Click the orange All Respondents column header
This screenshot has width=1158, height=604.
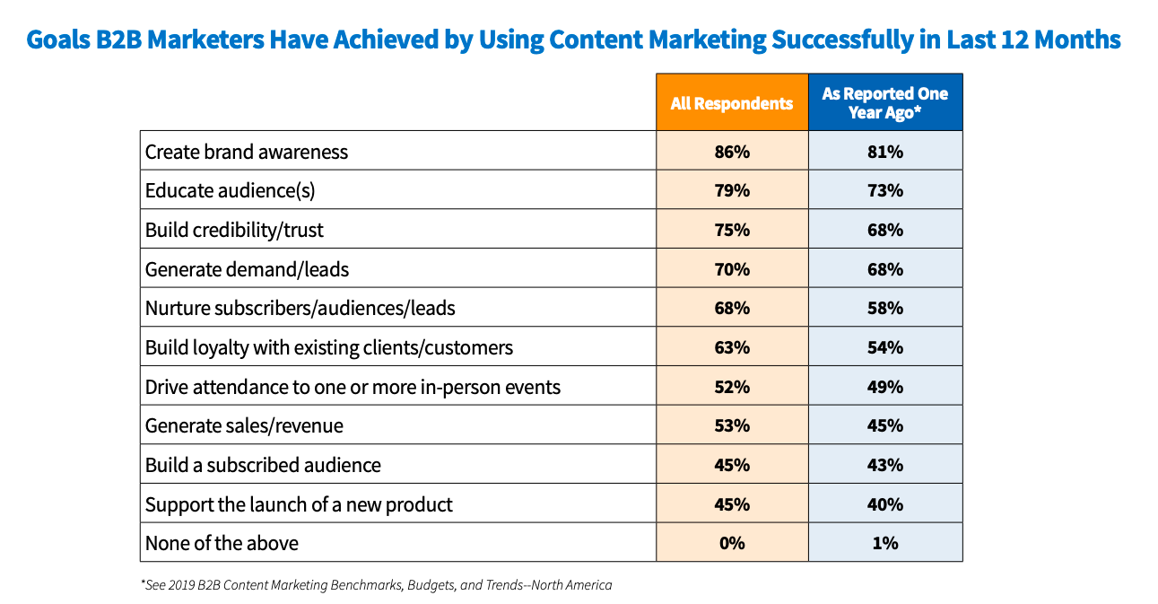pos(732,103)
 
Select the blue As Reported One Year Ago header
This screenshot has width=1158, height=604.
pos(884,103)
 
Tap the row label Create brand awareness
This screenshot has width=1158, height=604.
pos(247,152)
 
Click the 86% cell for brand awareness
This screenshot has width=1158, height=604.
pos(732,152)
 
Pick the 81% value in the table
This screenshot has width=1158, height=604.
pos(884,152)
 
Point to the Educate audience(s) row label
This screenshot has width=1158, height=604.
pos(231,191)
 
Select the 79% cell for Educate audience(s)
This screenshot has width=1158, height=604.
pos(732,191)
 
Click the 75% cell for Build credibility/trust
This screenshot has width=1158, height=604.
pos(732,230)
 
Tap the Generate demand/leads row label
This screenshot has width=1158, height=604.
pos(247,269)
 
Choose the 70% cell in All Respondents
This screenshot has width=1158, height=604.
pos(732,269)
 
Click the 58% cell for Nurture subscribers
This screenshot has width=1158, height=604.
pos(884,309)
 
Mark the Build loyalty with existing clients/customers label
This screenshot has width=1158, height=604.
pos(329,347)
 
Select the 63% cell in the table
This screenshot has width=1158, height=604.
pos(732,347)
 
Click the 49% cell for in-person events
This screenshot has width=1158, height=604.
pos(884,387)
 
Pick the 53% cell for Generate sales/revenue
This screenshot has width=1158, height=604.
pos(732,425)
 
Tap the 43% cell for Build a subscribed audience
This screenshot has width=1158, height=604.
pos(884,465)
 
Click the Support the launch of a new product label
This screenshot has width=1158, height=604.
pos(299,504)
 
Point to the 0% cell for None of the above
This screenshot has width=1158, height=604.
pos(732,543)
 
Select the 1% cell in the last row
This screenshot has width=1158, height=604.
pos(884,543)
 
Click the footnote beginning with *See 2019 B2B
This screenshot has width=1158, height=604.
pos(376,585)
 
